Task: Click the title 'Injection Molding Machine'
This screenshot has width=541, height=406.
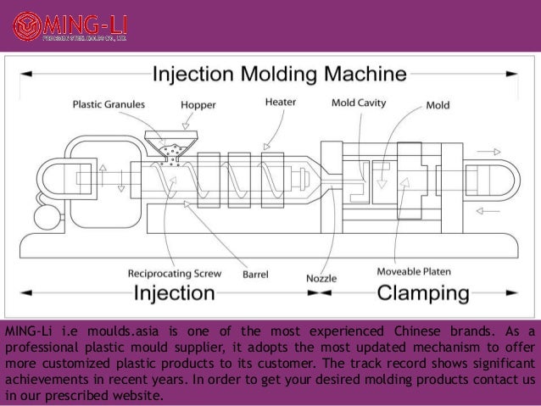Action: [x=274, y=76]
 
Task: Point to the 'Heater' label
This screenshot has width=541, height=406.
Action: [x=281, y=102]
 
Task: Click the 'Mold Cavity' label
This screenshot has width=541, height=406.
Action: [x=359, y=103]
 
